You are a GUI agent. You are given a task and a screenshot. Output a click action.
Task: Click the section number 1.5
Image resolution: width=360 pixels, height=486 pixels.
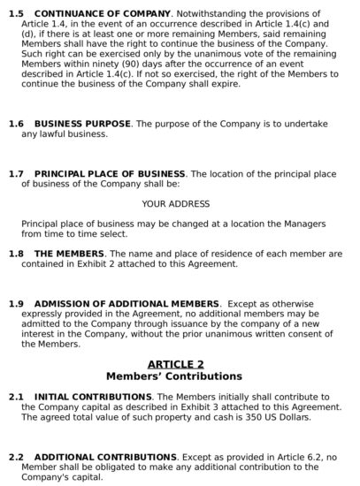point(15,15)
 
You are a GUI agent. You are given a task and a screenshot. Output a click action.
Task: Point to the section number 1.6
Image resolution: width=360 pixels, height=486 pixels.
point(15,124)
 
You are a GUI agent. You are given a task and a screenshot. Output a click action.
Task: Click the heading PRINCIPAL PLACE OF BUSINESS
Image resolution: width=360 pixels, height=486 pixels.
point(110,174)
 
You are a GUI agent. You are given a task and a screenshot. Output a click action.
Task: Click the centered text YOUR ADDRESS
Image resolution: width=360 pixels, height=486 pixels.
point(176,204)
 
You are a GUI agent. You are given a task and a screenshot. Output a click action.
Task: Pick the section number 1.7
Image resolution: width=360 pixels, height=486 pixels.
point(15,174)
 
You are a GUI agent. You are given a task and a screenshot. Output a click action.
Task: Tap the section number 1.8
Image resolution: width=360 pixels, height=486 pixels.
point(15,254)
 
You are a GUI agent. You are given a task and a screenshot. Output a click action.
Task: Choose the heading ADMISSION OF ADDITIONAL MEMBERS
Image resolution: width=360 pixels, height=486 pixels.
point(126,304)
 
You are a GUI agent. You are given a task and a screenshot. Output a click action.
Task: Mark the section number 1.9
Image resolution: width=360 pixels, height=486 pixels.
point(15,304)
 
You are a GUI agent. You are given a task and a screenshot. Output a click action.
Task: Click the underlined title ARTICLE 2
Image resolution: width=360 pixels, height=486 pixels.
point(175,364)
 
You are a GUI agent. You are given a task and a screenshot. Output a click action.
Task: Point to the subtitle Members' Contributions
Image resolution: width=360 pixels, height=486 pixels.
point(175,376)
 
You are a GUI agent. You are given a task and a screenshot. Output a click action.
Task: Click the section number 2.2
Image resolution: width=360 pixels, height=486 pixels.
point(15,457)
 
